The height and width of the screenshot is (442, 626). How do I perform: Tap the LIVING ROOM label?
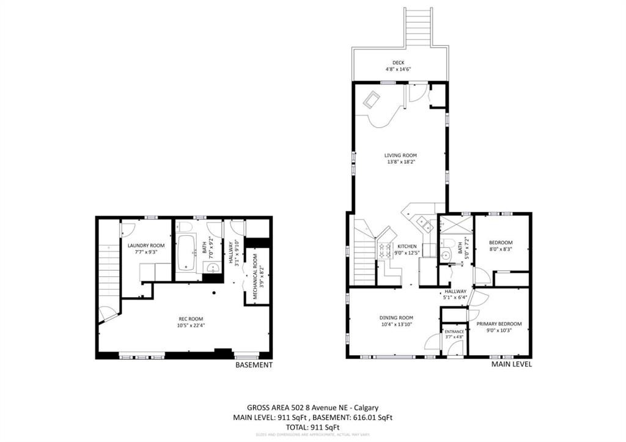(400, 155)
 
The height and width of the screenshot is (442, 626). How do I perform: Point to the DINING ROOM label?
(396, 318)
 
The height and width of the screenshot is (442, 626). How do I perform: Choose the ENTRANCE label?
(454, 331)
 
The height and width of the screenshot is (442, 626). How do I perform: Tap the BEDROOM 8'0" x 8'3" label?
(501, 243)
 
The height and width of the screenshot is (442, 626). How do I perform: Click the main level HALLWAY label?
(455, 292)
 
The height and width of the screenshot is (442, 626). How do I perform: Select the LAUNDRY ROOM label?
(146, 245)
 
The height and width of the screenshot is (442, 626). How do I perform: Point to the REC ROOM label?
(191, 319)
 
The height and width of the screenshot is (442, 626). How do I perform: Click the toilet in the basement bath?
(186, 227)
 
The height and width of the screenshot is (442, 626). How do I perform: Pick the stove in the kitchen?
(386, 249)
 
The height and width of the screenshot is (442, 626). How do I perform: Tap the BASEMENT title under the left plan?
(254, 365)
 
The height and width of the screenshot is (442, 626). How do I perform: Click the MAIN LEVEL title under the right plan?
(512, 364)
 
